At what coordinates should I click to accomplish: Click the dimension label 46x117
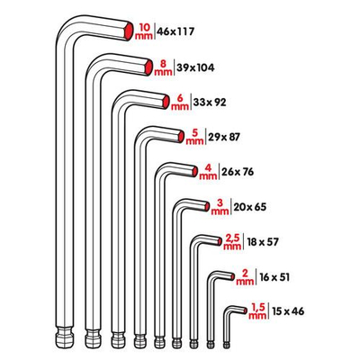[x=176, y=31]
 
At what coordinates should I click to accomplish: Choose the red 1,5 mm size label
[x=258, y=310]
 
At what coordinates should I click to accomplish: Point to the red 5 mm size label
[x=193, y=137]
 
